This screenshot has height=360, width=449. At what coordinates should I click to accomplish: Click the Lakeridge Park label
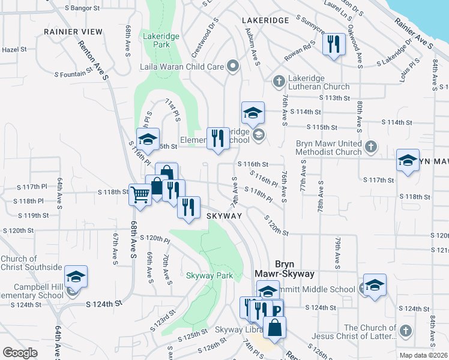(161, 40)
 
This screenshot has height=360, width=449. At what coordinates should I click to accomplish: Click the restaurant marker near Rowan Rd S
(333, 44)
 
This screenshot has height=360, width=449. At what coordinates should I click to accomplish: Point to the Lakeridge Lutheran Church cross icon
(278, 81)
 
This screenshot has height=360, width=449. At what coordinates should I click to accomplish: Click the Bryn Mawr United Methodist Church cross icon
(371, 146)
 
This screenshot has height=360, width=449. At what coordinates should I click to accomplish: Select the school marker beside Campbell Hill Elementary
(76, 277)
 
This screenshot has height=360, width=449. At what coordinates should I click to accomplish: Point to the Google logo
(20, 352)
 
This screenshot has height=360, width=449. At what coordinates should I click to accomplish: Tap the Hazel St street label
(11, 50)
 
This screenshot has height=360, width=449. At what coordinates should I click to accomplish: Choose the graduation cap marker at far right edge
(408, 160)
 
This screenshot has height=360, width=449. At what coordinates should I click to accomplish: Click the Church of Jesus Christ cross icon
(406, 331)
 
